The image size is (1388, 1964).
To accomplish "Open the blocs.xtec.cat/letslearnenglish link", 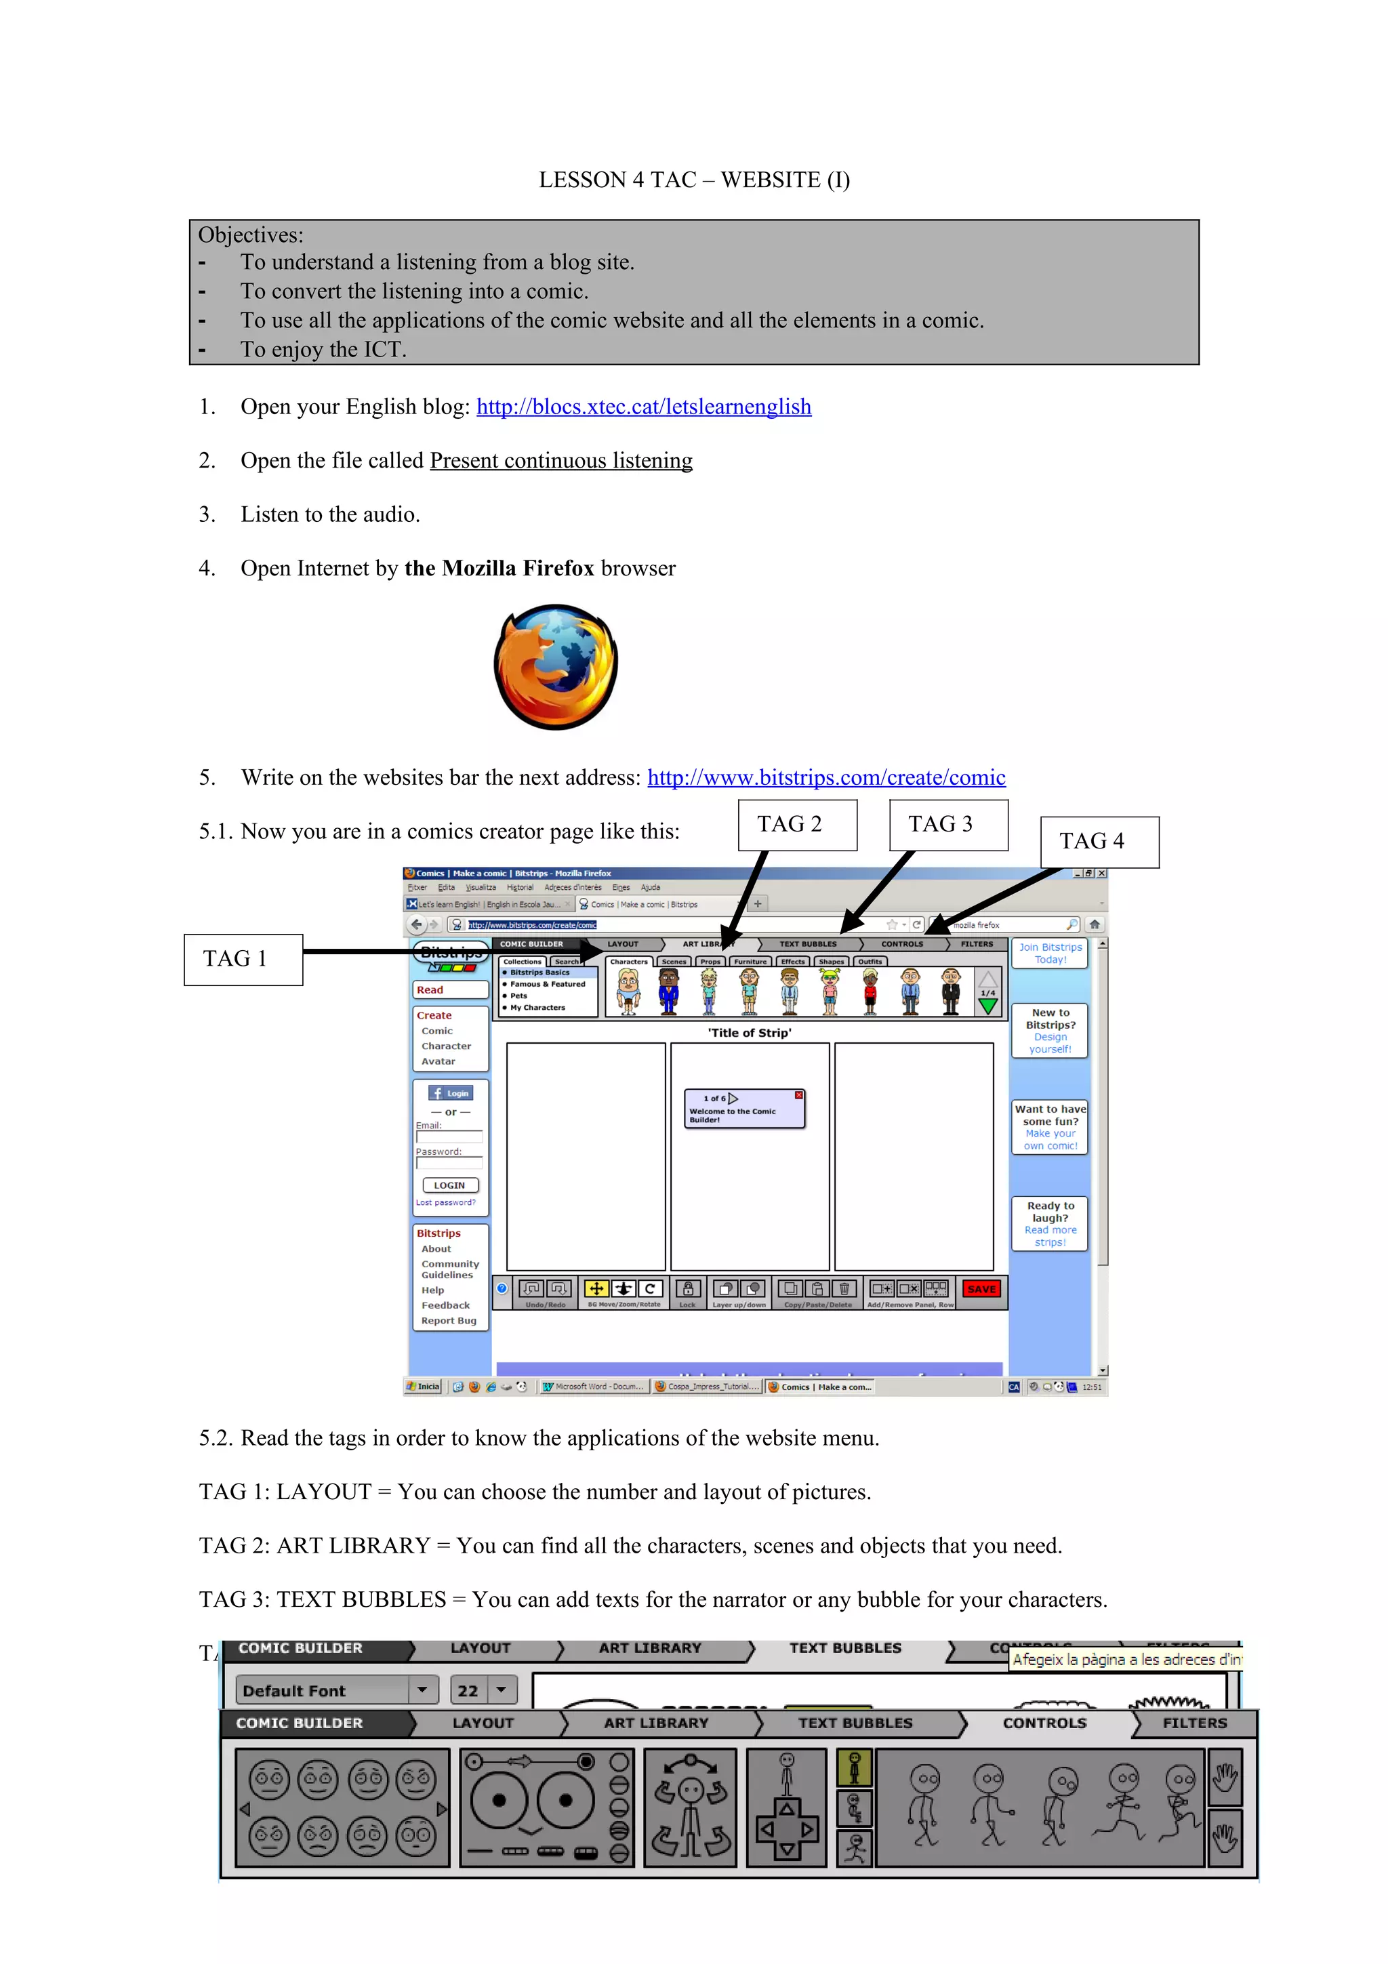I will (643, 407).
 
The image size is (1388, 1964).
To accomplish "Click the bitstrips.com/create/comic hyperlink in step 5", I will (826, 777).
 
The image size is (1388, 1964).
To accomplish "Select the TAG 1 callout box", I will (243, 959).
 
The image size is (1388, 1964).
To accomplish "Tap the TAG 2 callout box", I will (797, 825).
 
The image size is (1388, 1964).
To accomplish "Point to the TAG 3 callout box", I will (947, 825).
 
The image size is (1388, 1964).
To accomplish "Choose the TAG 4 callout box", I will (1099, 842).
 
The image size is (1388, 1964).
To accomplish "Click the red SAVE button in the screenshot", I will (981, 1288).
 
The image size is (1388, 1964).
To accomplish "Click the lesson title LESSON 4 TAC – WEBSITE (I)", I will (693, 180).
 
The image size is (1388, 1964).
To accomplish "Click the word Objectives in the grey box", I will (249, 235).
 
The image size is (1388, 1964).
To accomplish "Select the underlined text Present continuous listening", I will (561, 460).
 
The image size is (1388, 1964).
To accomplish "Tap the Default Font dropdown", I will (336, 1690).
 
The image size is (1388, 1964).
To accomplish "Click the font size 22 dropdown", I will (483, 1690).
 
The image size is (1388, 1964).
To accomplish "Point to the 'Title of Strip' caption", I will (749, 1032).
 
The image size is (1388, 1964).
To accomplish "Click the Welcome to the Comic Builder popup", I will (743, 1109).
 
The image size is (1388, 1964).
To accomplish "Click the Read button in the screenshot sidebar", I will (450, 989).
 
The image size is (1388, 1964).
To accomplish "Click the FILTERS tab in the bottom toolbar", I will (1194, 1723).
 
